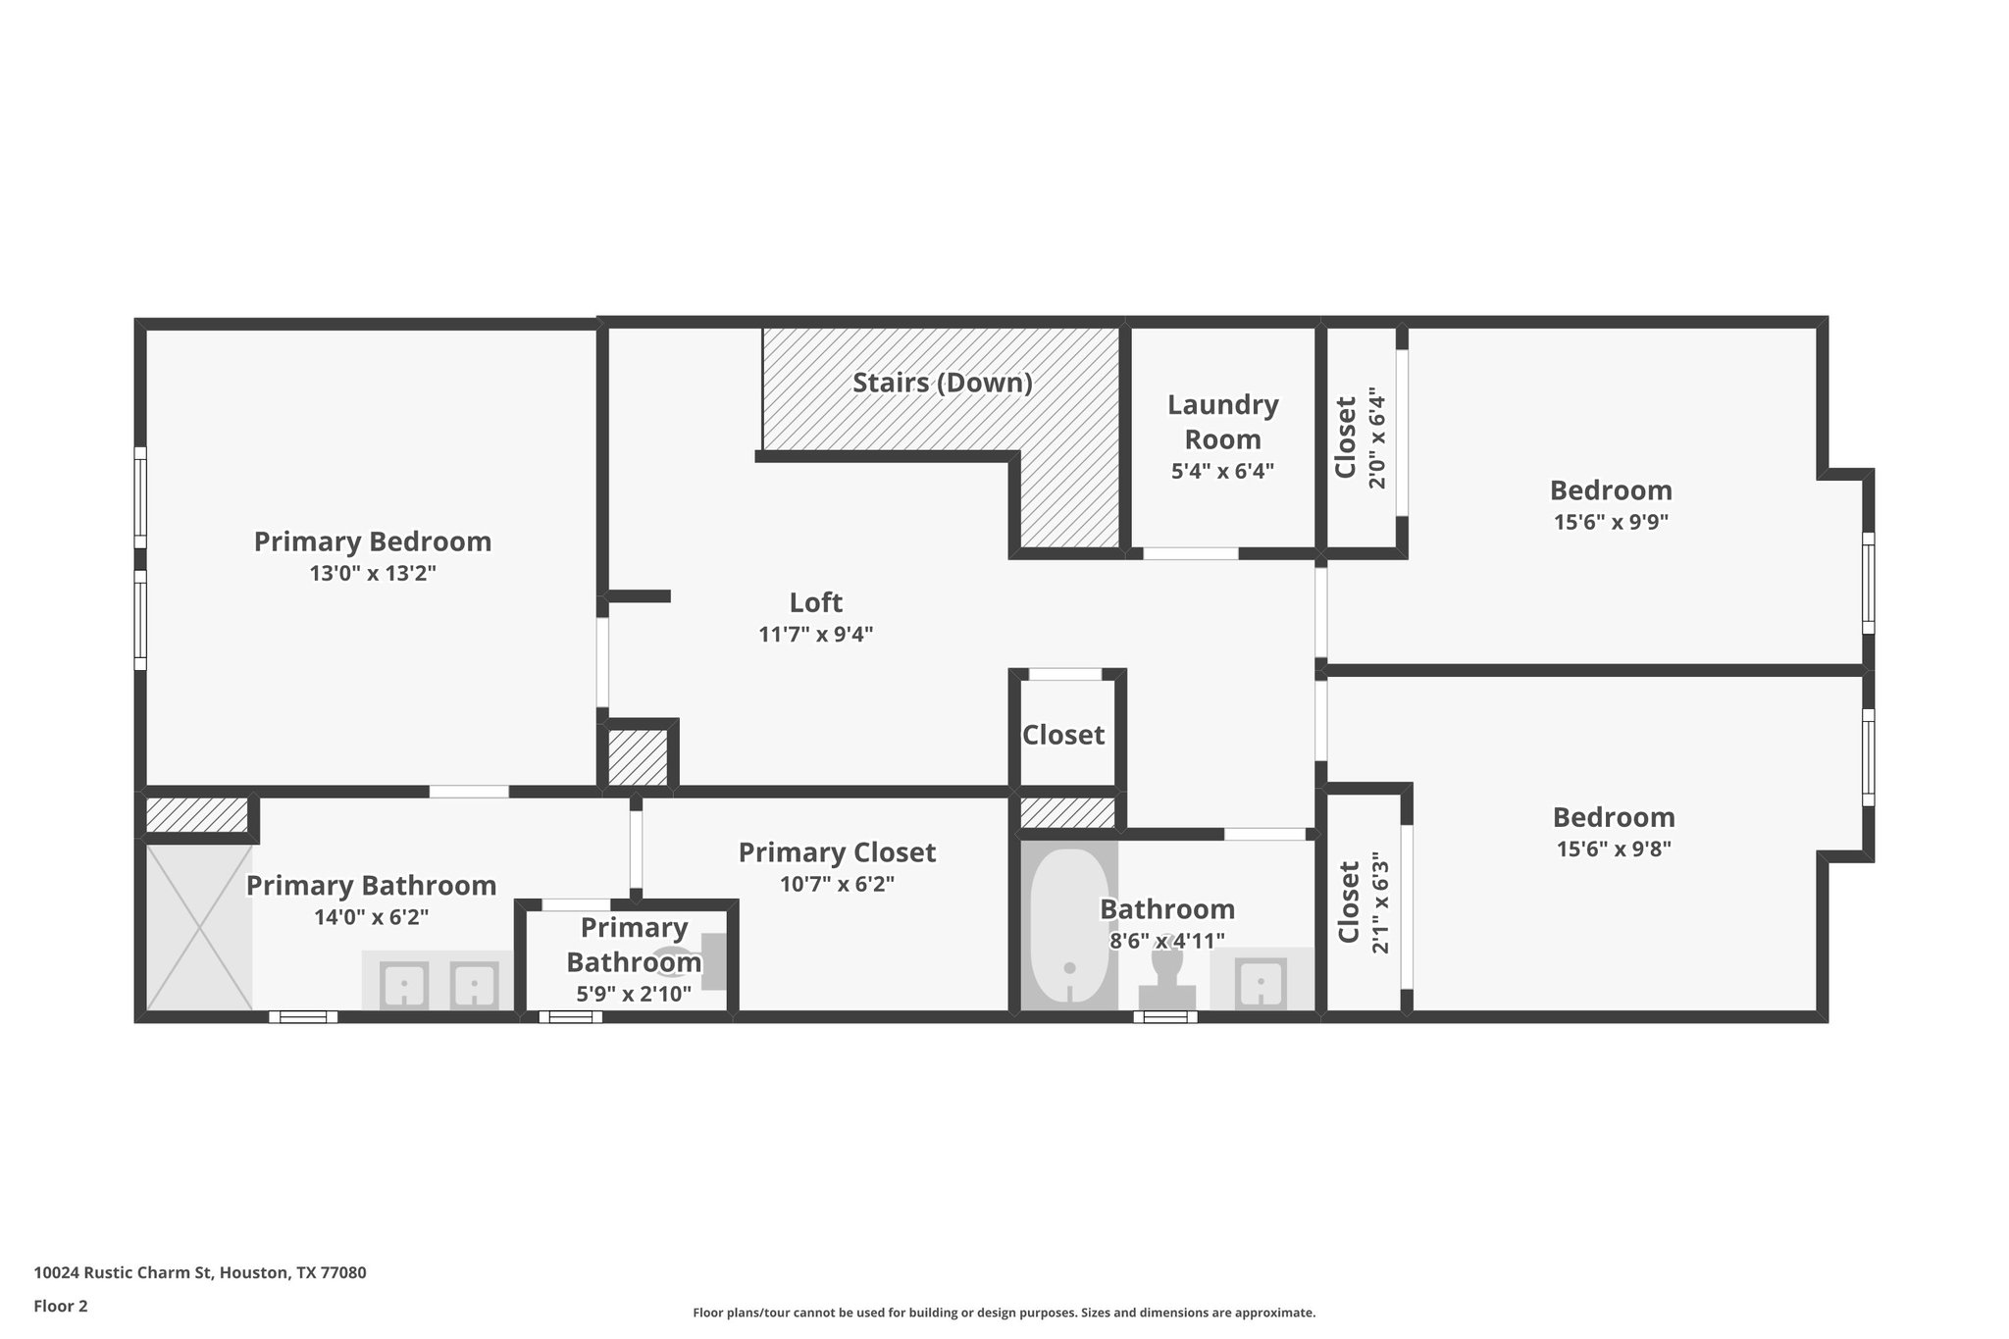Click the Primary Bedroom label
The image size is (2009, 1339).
(372, 541)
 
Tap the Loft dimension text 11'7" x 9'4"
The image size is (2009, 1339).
(815, 635)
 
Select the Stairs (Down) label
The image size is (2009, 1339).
(942, 383)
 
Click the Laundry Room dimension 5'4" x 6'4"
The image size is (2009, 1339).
(1222, 471)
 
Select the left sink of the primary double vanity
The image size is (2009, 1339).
(403, 985)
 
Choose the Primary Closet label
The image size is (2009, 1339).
(837, 852)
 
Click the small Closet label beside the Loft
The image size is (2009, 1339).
(1063, 735)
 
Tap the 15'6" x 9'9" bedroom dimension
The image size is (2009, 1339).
(1611, 522)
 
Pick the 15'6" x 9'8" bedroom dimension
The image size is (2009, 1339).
(1614, 849)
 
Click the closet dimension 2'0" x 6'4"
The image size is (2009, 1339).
(1377, 438)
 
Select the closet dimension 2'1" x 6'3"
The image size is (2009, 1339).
(1380, 902)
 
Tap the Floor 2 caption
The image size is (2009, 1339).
(61, 1306)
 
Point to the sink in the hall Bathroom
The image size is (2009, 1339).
(1260, 982)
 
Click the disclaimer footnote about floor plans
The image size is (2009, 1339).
(1004, 1313)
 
